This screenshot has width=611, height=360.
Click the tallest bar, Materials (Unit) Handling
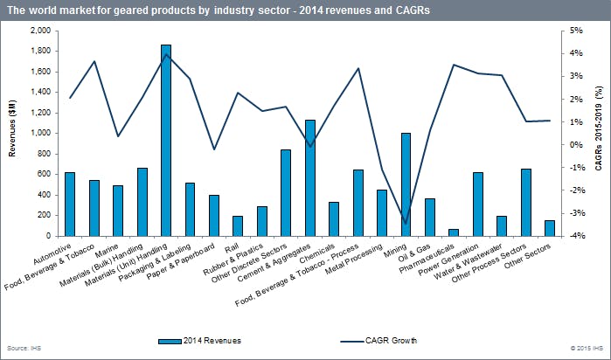[166, 140]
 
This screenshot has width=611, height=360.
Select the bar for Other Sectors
[549, 227]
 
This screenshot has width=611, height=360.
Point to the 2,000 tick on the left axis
[39, 31]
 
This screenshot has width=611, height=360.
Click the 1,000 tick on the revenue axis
[39, 133]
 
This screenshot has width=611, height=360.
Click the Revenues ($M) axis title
[11, 132]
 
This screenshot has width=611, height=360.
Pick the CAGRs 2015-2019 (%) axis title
[599, 133]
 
